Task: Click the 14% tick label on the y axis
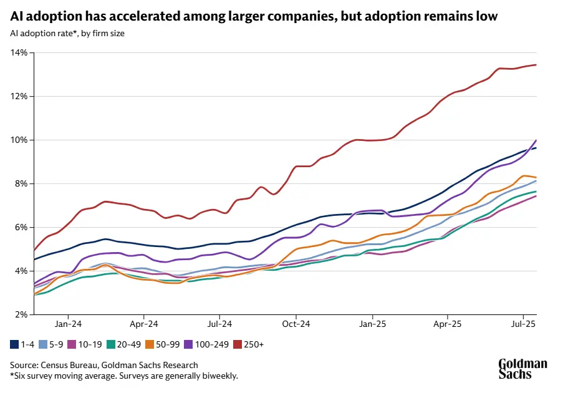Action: pyautogui.click(x=19, y=52)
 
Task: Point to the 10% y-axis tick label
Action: pyautogui.click(x=19, y=140)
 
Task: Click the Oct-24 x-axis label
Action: pyautogui.click(x=296, y=324)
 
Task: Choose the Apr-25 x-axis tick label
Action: pyautogui.click(x=448, y=324)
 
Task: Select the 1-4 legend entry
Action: pyautogui.click(x=23, y=344)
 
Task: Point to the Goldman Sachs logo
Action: pyautogui.click(x=522, y=369)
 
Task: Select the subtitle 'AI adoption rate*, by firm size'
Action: pyautogui.click(x=67, y=33)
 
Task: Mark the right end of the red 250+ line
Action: pyautogui.click(x=536, y=65)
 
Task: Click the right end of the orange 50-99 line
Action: pyautogui.click(x=536, y=177)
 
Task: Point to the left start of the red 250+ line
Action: pyautogui.click(x=34, y=250)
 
